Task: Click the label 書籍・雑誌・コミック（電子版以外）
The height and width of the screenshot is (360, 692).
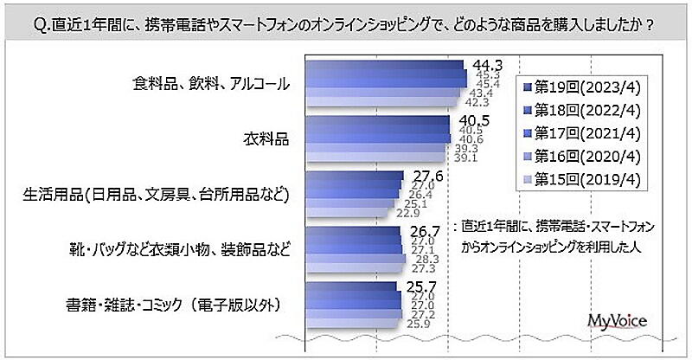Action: pos(177,305)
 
